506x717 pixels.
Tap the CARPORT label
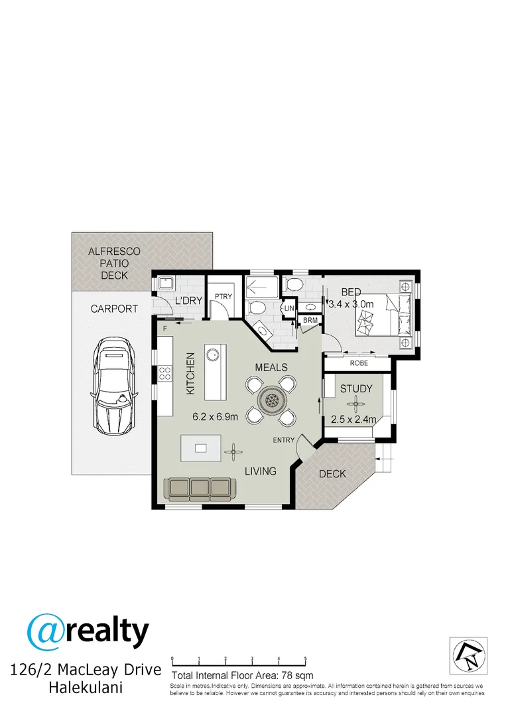pyautogui.click(x=113, y=309)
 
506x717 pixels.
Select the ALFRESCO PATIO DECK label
pyautogui.click(x=109, y=263)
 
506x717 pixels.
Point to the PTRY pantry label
pyautogui.click(x=223, y=296)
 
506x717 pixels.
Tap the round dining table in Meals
pyautogui.click(x=271, y=400)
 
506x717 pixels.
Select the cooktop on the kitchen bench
pyautogui.click(x=164, y=374)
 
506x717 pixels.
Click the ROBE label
pyautogui.click(x=358, y=363)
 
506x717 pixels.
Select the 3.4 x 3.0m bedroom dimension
pyautogui.click(x=352, y=304)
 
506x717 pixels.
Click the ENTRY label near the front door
pyautogui.click(x=283, y=440)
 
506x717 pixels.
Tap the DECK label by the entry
pyautogui.click(x=332, y=474)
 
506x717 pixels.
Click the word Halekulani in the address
pyautogui.click(x=86, y=688)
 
